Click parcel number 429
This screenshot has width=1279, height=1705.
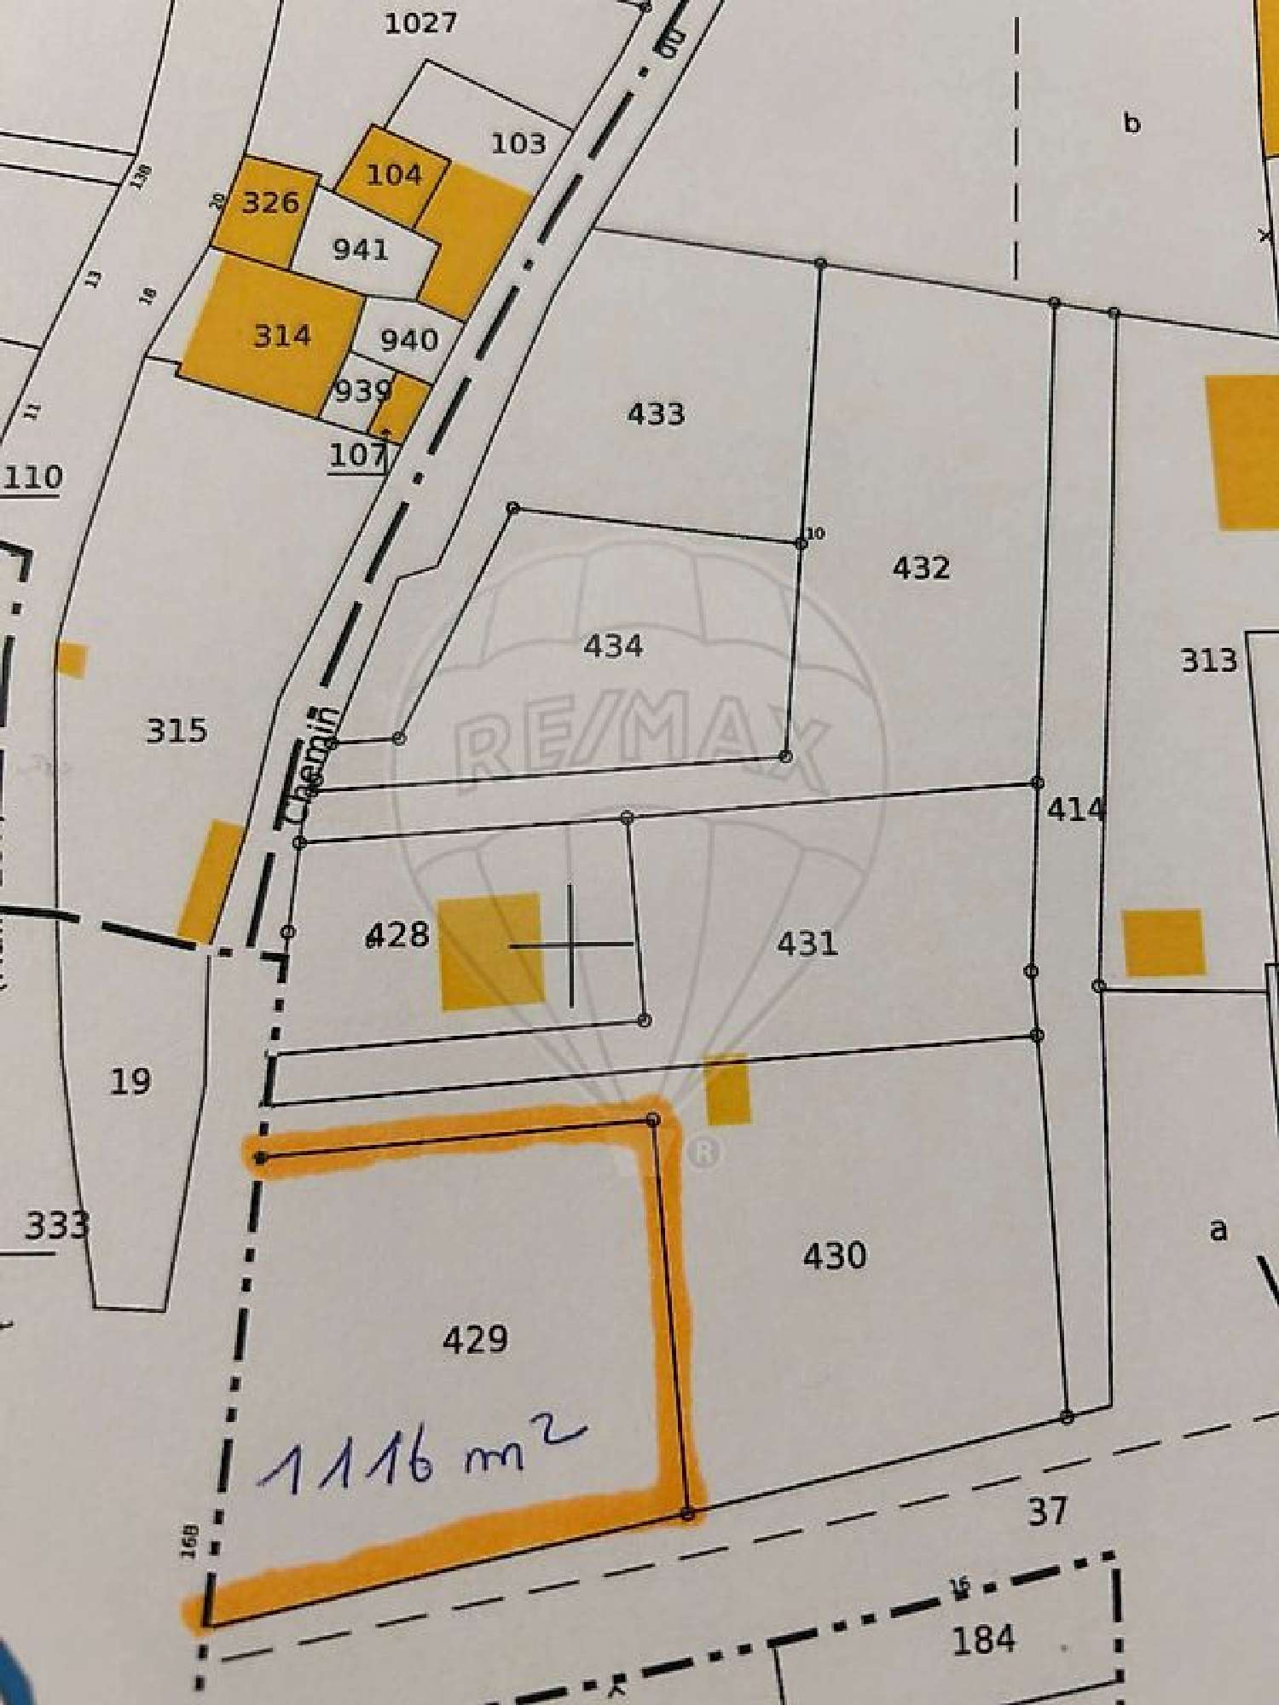pos(475,1339)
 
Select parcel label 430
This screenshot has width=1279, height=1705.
pos(835,1256)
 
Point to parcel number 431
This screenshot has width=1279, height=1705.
pos(807,944)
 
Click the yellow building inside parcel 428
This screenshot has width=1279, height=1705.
pos(490,951)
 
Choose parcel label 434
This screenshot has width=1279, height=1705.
pos(613,646)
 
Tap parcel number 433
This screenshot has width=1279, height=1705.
pos(656,414)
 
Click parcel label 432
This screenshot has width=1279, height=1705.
pos(921,568)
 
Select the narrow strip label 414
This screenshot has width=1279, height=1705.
pos(1076,809)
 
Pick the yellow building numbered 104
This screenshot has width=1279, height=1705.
pos(394,175)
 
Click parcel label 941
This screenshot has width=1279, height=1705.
pos(361,250)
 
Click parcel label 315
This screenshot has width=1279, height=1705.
pos(177,731)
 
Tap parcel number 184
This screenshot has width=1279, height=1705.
pos(983,1639)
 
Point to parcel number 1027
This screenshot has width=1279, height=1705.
pos(420,23)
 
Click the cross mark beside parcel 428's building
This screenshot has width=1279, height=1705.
pos(570,945)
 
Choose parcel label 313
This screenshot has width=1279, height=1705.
pos(1208,660)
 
